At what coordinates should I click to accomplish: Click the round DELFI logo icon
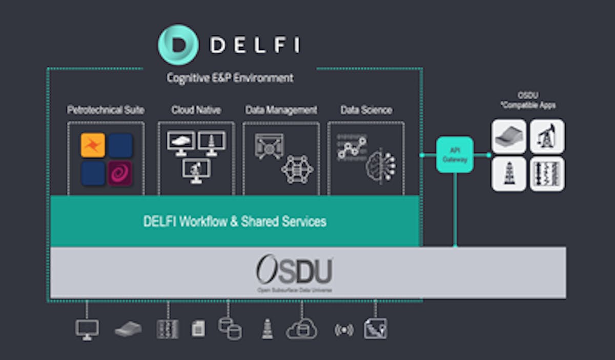click(178, 45)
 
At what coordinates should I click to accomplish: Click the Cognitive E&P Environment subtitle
click(230, 78)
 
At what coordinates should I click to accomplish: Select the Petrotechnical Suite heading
click(106, 110)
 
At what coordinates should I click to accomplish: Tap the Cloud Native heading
click(196, 110)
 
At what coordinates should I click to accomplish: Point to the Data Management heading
click(281, 110)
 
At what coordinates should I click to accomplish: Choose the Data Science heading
click(366, 110)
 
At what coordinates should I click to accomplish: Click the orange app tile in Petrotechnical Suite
click(93, 145)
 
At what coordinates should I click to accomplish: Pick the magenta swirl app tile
click(120, 173)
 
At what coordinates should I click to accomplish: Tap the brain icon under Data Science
click(380, 165)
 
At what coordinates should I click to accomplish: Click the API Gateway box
click(455, 154)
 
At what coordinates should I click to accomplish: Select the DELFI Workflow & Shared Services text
click(235, 222)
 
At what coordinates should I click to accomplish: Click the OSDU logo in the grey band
click(294, 272)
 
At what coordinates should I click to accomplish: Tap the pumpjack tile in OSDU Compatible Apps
click(547, 136)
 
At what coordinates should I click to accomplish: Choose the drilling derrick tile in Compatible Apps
click(509, 174)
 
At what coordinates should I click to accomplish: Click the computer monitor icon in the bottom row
click(87, 329)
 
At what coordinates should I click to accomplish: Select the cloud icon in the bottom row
click(301, 329)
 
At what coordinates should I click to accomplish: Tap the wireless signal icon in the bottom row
click(343, 330)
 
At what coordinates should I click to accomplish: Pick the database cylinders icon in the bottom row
click(230, 328)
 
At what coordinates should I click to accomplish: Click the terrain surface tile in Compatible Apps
click(509, 136)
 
